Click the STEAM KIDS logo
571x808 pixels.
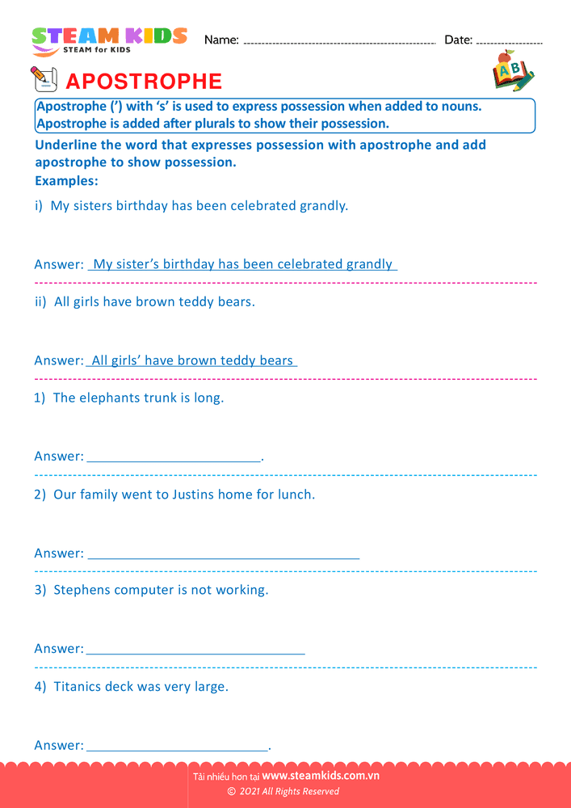click(x=109, y=40)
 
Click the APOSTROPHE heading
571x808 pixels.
click(x=143, y=82)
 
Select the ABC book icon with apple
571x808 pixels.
click(x=512, y=71)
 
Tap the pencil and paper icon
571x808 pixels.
click(x=44, y=79)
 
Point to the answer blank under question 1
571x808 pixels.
click(x=174, y=459)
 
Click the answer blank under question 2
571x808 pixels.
click(x=223, y=556)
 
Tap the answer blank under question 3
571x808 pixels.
click(x=195, y=651)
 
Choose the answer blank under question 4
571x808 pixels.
click(x=177, y=748)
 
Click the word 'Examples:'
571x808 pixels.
click(x=66, y=181)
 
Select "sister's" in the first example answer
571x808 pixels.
click(x=137, y=264)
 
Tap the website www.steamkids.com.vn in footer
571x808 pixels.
click(x=321, y=776)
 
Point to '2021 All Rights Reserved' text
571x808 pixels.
click(x=288, y=792)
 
